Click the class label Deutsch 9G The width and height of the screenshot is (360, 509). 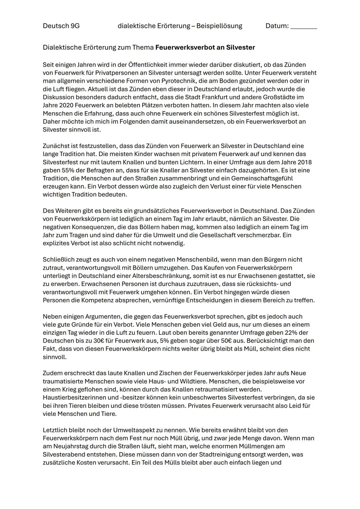pos(61,26)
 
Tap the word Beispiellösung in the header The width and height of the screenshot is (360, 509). pos(219,26)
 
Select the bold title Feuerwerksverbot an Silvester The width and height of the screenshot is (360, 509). pos(205,47)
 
